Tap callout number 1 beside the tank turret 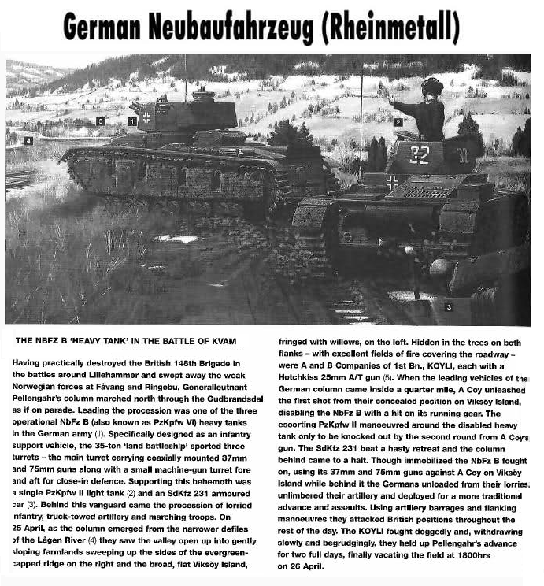coord(131,121)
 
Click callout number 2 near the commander coord(398,122)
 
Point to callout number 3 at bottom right coord(449,306)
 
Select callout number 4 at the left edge coord(28,141)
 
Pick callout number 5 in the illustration coord(100,121)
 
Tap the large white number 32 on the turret coord(420,154)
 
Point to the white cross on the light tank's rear coord(392,183)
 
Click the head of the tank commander coord(432,87)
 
